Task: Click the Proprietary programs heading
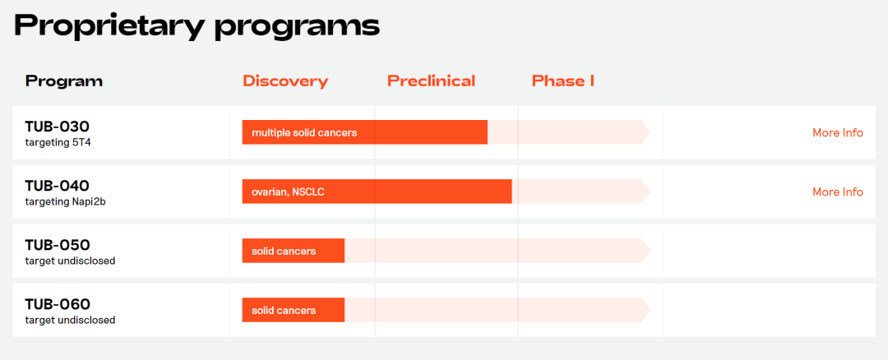197,25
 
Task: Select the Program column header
64,81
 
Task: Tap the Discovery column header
285,81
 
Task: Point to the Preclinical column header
431,81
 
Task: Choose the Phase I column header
563,81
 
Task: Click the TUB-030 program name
58,127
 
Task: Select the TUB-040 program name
58,186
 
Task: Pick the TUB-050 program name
58,245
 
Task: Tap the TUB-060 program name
58,305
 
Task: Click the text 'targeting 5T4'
58,143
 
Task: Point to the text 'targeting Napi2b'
65,201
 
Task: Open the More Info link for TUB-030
838,133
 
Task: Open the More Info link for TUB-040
838,192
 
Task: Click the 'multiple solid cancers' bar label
304,133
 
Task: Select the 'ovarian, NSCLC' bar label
288,192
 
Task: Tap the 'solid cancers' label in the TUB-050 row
284,252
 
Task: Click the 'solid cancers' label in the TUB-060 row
284,311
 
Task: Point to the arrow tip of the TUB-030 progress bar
650,132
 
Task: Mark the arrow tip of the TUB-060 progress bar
650,310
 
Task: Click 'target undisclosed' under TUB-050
70,261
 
